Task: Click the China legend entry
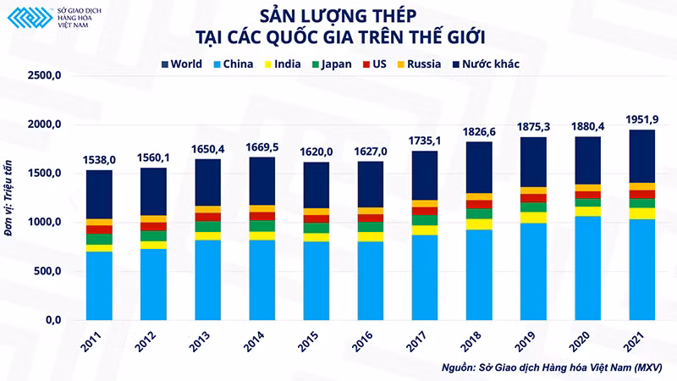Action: (x=234, y=64)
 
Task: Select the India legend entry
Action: (x=283, y=64)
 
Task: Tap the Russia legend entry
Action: (x=419, y=64)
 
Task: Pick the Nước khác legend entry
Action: (x=486, y=64)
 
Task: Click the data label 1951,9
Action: (x=642, y=119)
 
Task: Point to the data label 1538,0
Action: (x=99, y=160)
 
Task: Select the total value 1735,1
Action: (x=425, y=141)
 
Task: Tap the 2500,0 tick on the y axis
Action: (x=45, y=75)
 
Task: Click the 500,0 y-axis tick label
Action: (x=47, y=271)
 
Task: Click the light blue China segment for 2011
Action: (x=99, y=286)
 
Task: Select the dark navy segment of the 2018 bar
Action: (x=479, y=168)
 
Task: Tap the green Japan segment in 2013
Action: (x=207, y=227)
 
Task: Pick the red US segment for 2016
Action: (x=371, y=218)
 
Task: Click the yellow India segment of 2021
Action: (x=642, y=214)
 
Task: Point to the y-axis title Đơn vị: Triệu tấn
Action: (x=8, y=198)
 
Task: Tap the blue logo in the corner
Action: (x=30, y=18)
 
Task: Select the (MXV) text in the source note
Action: (x=648, y=367)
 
